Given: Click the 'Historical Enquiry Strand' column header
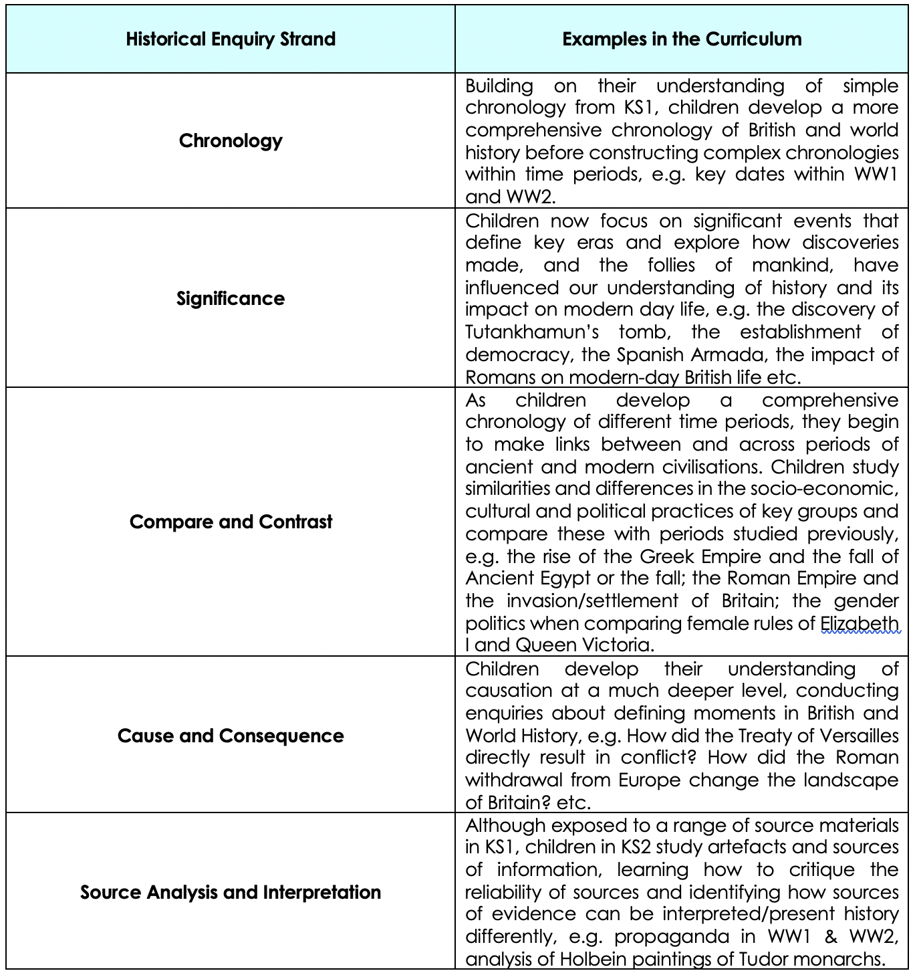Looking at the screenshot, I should click(x=231, y=39).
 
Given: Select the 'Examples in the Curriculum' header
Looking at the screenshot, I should click(x=682, y=39).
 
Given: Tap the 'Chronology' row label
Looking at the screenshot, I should click(x=231, y=140).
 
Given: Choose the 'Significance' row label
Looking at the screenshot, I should click(x=231, y=298).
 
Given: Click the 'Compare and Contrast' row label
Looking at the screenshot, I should click(x=231, y=522).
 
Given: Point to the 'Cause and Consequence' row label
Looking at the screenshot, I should click(x=231, y=736).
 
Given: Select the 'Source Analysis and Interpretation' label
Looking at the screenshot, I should click(x=231, y=892).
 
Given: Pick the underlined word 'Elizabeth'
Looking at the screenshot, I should click(x=860, y=623).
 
